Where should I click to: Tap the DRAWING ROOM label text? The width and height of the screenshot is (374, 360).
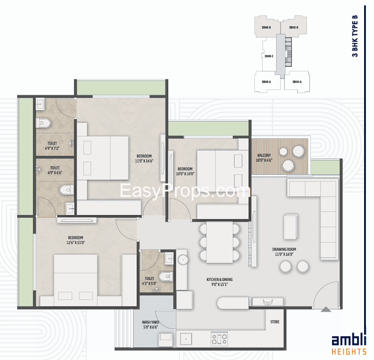click(284, 249)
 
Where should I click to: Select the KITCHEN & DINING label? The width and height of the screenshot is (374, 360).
click(220, 280)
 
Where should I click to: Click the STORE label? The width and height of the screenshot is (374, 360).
click(275, 322)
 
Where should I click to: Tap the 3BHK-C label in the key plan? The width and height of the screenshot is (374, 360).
click(268, 56)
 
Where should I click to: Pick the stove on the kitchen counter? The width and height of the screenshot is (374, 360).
click(220, 338)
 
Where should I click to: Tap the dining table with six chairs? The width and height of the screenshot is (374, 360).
click(219, 241)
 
